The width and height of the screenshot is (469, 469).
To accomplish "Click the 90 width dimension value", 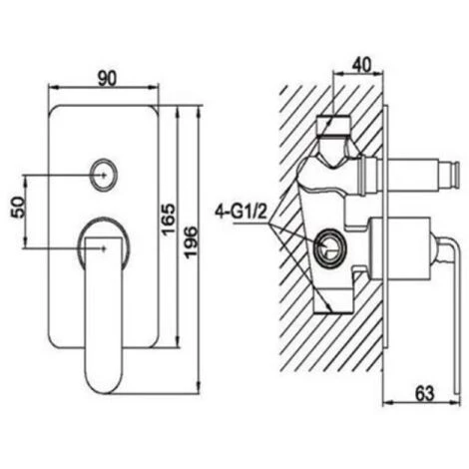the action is (x=107, y=79).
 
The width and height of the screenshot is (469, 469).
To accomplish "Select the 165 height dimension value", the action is (x=168, y=220).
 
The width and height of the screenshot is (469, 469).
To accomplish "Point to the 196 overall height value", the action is (x=191, y=242).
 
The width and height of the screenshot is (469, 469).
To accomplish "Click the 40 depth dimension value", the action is (x=361, y=65).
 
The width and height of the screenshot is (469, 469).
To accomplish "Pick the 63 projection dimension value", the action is (x=425, y=393).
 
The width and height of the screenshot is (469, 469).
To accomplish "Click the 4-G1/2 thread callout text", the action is (x=241, y=212).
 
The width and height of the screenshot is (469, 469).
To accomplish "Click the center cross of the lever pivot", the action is (x=104, y=247).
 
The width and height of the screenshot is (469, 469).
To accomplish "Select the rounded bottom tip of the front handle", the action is (x=104, y=389).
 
